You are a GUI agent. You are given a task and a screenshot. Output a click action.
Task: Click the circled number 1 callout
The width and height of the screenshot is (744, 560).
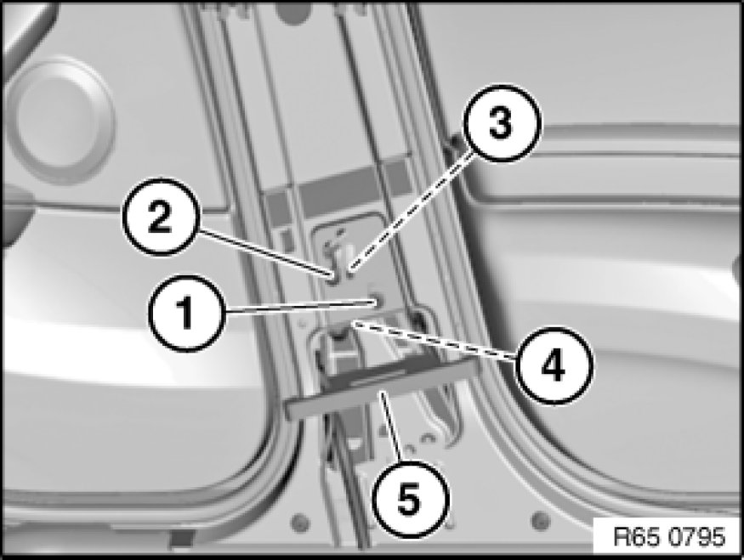[x=186, y=313]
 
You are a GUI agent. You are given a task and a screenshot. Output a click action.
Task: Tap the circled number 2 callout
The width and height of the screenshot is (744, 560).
[x=160, y=217]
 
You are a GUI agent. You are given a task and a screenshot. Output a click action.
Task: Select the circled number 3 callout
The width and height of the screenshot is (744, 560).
[x=502, y=123]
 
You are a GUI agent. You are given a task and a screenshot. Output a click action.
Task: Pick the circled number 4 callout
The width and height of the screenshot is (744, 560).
[x=554, y=365]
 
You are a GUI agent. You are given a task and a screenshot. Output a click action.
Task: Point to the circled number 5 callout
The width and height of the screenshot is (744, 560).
[x=410, y=499]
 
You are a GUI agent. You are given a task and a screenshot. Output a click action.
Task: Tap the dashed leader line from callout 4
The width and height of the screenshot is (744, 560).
[x=434, y=341]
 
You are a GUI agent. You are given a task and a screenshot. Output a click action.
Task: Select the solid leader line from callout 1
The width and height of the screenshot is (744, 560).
[x=300, y=306]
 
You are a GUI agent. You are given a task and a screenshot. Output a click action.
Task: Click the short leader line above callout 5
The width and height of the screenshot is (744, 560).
[x=392, y=427]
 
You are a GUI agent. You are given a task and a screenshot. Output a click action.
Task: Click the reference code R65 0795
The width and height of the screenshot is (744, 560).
[x=669, y=537]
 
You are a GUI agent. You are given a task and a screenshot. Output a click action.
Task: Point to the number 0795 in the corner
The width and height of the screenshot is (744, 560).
[x=697, y=537]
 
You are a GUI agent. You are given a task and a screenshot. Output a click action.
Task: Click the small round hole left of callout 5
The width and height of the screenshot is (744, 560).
[x=299, y=522]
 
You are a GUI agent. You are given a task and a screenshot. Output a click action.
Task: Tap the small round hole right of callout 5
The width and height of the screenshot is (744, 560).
[x=541, y=521]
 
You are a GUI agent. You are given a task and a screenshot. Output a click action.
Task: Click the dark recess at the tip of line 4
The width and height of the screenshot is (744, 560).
[x=338, y=330]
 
